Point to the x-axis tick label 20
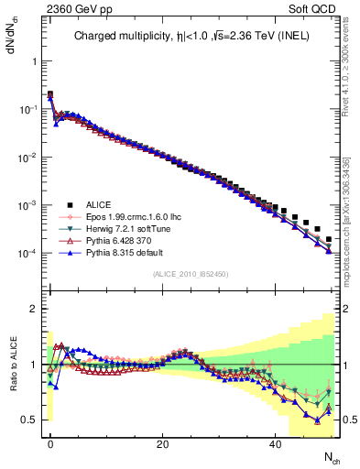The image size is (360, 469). click(162, 444)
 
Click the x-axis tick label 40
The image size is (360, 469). click(275, 444)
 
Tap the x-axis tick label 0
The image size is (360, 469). click(50, 444)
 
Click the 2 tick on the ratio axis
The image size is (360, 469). click(32, 309)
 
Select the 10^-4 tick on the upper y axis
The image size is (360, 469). click(27, 253)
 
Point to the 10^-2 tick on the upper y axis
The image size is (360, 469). click(27, 157)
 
